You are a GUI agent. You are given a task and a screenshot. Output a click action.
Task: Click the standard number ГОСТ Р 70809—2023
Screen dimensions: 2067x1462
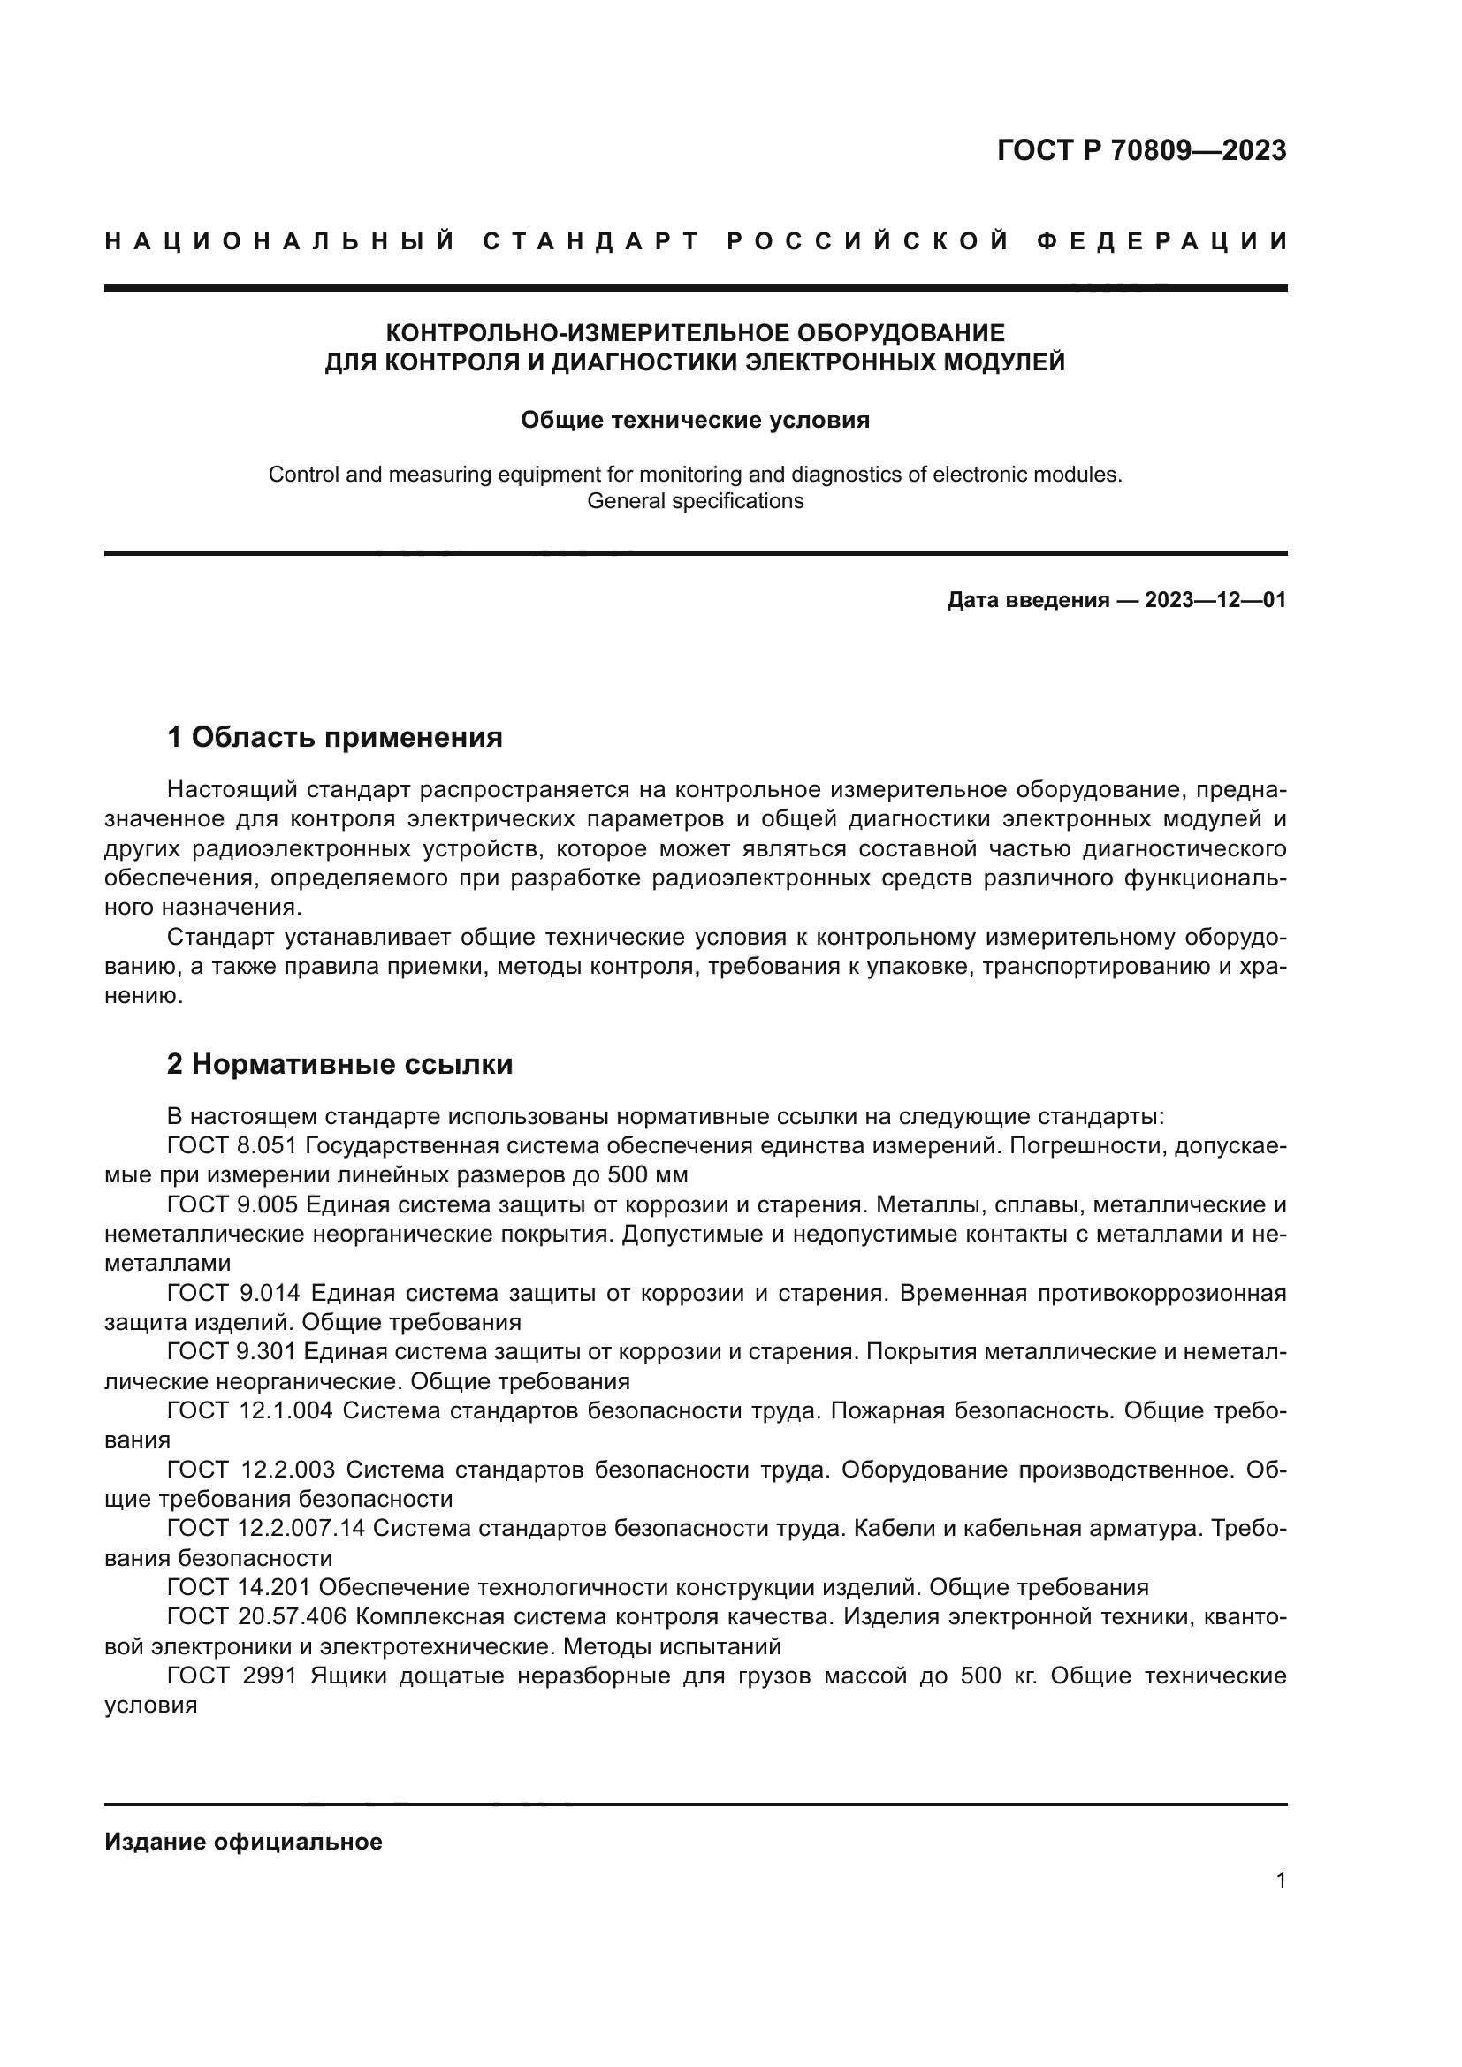pos(1141,150)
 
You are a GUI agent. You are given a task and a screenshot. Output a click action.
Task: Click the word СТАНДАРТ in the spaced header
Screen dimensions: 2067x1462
pos(591,241)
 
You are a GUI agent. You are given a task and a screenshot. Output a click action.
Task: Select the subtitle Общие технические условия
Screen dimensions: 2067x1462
pos(695,421)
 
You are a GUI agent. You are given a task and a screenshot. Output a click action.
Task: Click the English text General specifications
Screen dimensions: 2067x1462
pos(695,501)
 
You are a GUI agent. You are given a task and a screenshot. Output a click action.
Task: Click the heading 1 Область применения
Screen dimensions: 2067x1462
pos(334,737)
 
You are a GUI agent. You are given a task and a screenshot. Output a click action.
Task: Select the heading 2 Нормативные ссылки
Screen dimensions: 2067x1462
pos(339,1064)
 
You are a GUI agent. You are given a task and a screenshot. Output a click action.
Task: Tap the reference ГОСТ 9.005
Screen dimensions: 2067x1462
pos(233,1204)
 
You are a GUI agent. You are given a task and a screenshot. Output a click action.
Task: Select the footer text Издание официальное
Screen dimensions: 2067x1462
pos(243,1842)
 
